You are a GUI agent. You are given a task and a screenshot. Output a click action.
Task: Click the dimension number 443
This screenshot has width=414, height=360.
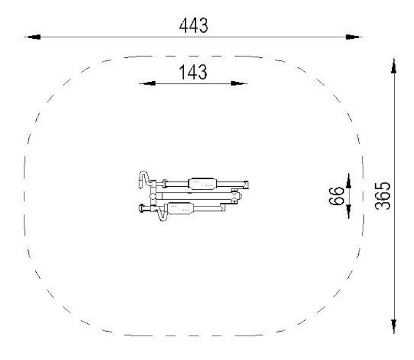(194, 25)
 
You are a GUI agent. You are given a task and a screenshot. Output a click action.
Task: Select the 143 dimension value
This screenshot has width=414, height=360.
(193, 72)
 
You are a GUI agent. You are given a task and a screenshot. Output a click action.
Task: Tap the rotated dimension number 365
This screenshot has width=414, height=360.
(382, 196)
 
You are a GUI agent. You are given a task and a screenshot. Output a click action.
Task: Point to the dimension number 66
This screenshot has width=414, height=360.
(337, 196)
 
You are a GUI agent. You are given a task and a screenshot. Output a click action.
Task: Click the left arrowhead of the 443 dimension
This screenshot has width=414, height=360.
(33, 37)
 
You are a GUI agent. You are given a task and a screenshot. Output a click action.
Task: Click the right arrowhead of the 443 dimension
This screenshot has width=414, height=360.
(354, 37)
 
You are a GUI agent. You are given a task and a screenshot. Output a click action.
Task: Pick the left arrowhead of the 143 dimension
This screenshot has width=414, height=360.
(147, 84)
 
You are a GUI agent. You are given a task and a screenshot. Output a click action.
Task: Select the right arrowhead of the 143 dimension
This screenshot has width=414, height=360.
(239, 84)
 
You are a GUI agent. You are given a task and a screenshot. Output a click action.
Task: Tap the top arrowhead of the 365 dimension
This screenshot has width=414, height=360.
(394, 66)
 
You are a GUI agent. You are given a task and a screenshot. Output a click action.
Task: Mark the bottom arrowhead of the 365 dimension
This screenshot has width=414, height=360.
(394, 326)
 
